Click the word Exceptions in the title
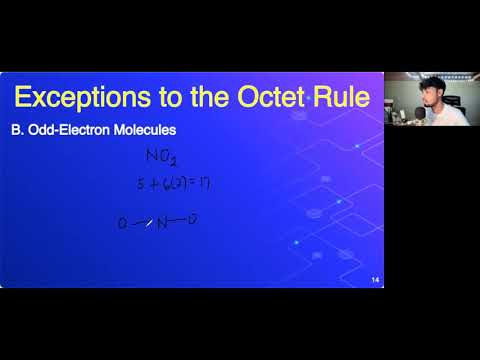point(80,98)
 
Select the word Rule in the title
point(343,98)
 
